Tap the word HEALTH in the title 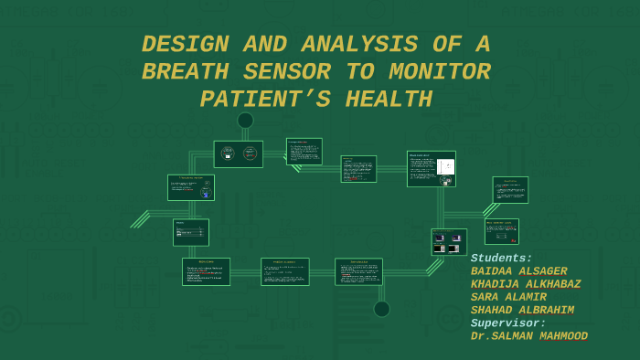(x=389, y=100)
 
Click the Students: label (x=501, y=259)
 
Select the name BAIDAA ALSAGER (x=518, y=271)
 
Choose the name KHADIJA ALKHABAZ (x=525, y=284)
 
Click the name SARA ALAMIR (x=508, y=297)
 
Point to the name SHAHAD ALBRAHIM (x=522, y=311)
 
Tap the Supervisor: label (x=507, y=323)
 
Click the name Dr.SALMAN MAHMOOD (x=528, y=336)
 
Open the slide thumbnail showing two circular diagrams (x=238, y=154)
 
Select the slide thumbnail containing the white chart (x=431, y=168)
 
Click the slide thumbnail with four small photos (x=449, y=242)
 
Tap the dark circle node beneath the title (x=245, y=120)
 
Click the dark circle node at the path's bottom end (x=381, y=309)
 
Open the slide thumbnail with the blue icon (x=190, y=187)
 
